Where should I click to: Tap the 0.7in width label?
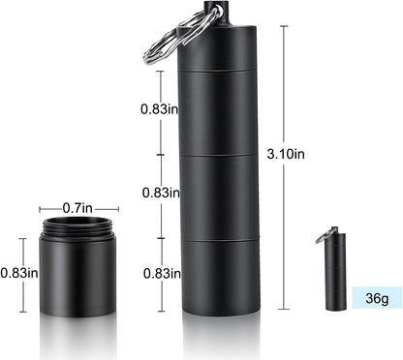78,208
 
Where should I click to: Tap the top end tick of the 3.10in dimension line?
284,26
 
